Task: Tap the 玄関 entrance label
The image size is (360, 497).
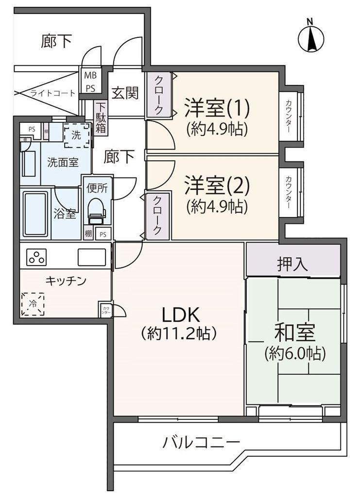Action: (x=125, y=93)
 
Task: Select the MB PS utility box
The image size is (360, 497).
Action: (x=90, y=82)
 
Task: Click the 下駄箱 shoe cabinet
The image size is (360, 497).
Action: (x=101, y=118)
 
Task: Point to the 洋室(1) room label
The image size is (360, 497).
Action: (x=217, y=108)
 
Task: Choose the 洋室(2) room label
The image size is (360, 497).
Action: (x=217, y=185)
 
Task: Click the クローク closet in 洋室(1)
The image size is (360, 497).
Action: (x=158, y=95)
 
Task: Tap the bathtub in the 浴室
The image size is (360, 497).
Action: (x=35, y=214)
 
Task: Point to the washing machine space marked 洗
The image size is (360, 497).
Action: (x=77, y=135)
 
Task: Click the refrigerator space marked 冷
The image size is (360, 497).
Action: (x=33, y=304)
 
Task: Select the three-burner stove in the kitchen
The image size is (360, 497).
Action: (x=36, y=257)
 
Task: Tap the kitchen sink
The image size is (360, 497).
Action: (x=92, y=257)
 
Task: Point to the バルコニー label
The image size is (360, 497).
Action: (x=201, y=442)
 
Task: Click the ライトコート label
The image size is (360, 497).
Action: (x=53, y=93)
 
